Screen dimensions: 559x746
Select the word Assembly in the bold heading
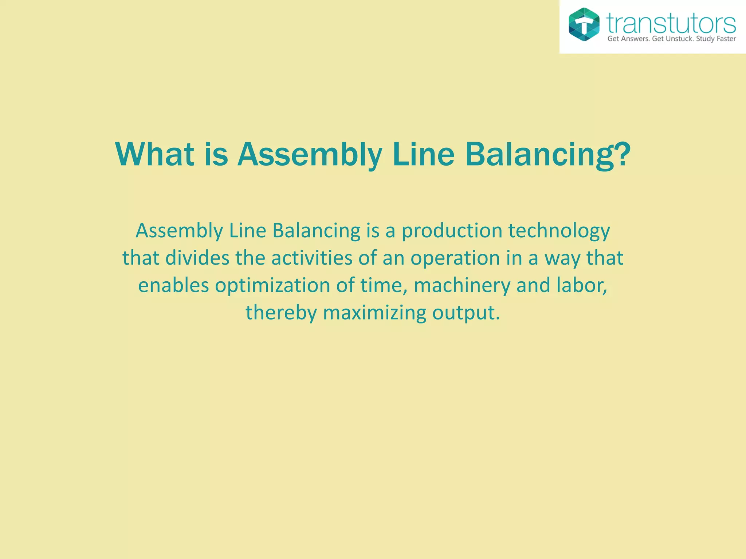(310, 155)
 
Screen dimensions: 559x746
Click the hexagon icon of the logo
(584, 24)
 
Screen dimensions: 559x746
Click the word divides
(197, 258)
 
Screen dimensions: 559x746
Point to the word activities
(311, 258)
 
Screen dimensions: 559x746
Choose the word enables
(173, 285)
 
